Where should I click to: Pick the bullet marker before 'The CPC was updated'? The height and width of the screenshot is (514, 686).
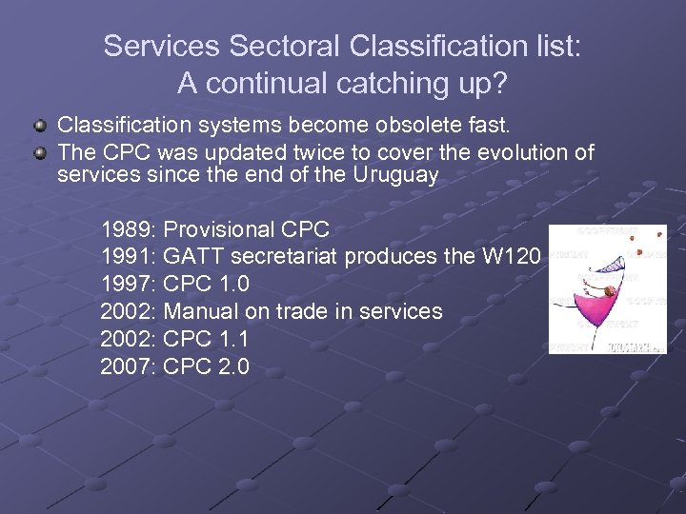coord(39,152)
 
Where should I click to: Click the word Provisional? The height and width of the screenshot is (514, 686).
coord(220,229)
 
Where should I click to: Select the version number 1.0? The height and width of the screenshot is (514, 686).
coord(233,285)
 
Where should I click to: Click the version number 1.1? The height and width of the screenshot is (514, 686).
coord(233,339)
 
